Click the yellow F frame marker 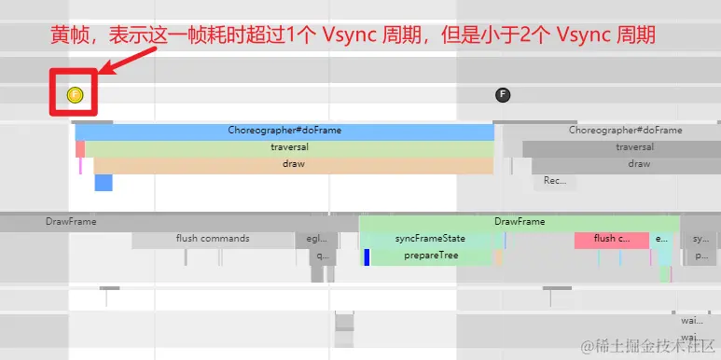click(76, 94)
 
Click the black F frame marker click(503, 94)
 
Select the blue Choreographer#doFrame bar click(284, 132)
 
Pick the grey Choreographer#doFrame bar click(611, 132)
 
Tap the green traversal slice click(289, 148)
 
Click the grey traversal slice click(620, 148)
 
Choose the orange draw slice click(293, 164)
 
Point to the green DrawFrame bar click(520, 223)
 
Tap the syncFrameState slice click(430, 240)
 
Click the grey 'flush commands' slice click(213, 240)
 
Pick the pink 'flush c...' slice click(611, 240)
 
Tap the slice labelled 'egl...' click(316, 240)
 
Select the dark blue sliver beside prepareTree click(367, 256)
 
